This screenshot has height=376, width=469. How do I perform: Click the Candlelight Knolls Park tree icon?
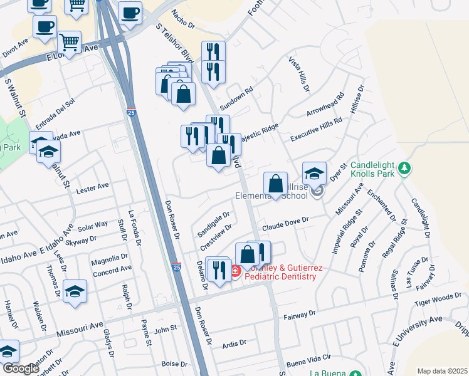[x=405, y=168]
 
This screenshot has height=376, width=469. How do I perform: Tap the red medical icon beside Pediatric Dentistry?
[x=236, y=271]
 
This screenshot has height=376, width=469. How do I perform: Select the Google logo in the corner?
[x=20, y=368]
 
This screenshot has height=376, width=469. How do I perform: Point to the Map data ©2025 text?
[x=442, y=371]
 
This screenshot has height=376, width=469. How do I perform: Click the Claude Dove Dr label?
[x=286, y=221]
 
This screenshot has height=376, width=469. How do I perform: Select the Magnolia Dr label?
[x=109, y=258]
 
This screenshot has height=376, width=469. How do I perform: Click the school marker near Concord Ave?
[x=75, y=291]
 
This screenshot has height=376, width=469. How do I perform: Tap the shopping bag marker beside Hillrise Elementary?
[x=275, y=184]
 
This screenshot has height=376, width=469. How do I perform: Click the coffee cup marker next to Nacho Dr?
[x=130, y=13]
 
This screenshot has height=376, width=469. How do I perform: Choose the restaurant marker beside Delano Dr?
[x=218, y=269]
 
